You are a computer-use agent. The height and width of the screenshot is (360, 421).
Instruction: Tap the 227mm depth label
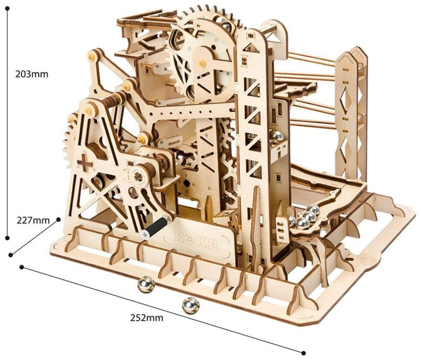(x=34, y=221)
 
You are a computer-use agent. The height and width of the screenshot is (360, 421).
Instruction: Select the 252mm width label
(x=147, y=318)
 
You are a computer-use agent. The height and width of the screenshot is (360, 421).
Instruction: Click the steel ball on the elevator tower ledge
(x=277, y=138)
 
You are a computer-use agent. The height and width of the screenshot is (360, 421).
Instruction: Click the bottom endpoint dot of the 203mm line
(x=7, y=237)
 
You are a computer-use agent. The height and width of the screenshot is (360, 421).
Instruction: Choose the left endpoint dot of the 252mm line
(x=22, y=268)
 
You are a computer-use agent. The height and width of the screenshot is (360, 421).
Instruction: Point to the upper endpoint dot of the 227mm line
(x=59, y=220)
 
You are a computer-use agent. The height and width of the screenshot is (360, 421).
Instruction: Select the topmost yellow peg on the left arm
(x=91, y=56)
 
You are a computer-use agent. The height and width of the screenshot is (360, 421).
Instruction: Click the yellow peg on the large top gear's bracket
(x=201, y=64)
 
